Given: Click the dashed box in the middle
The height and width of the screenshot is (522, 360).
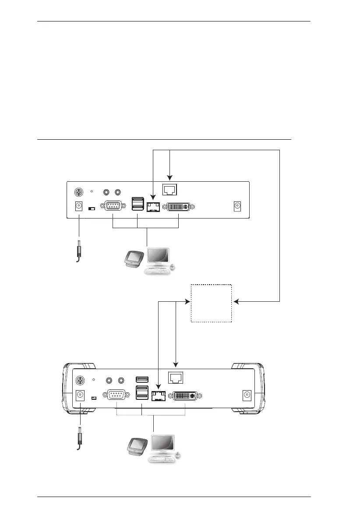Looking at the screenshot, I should (x=211, y=303).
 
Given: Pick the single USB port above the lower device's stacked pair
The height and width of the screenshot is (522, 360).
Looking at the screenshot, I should (x=142, y=379).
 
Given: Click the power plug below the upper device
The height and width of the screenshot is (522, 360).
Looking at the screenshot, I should (x=79, y=251).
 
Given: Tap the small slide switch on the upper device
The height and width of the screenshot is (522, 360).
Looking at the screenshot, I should (x=92, y=209).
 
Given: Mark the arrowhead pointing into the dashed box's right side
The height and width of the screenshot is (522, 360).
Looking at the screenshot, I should (x=236, y=302).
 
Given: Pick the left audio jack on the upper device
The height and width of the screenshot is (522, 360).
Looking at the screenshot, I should (x=106, y=192).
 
